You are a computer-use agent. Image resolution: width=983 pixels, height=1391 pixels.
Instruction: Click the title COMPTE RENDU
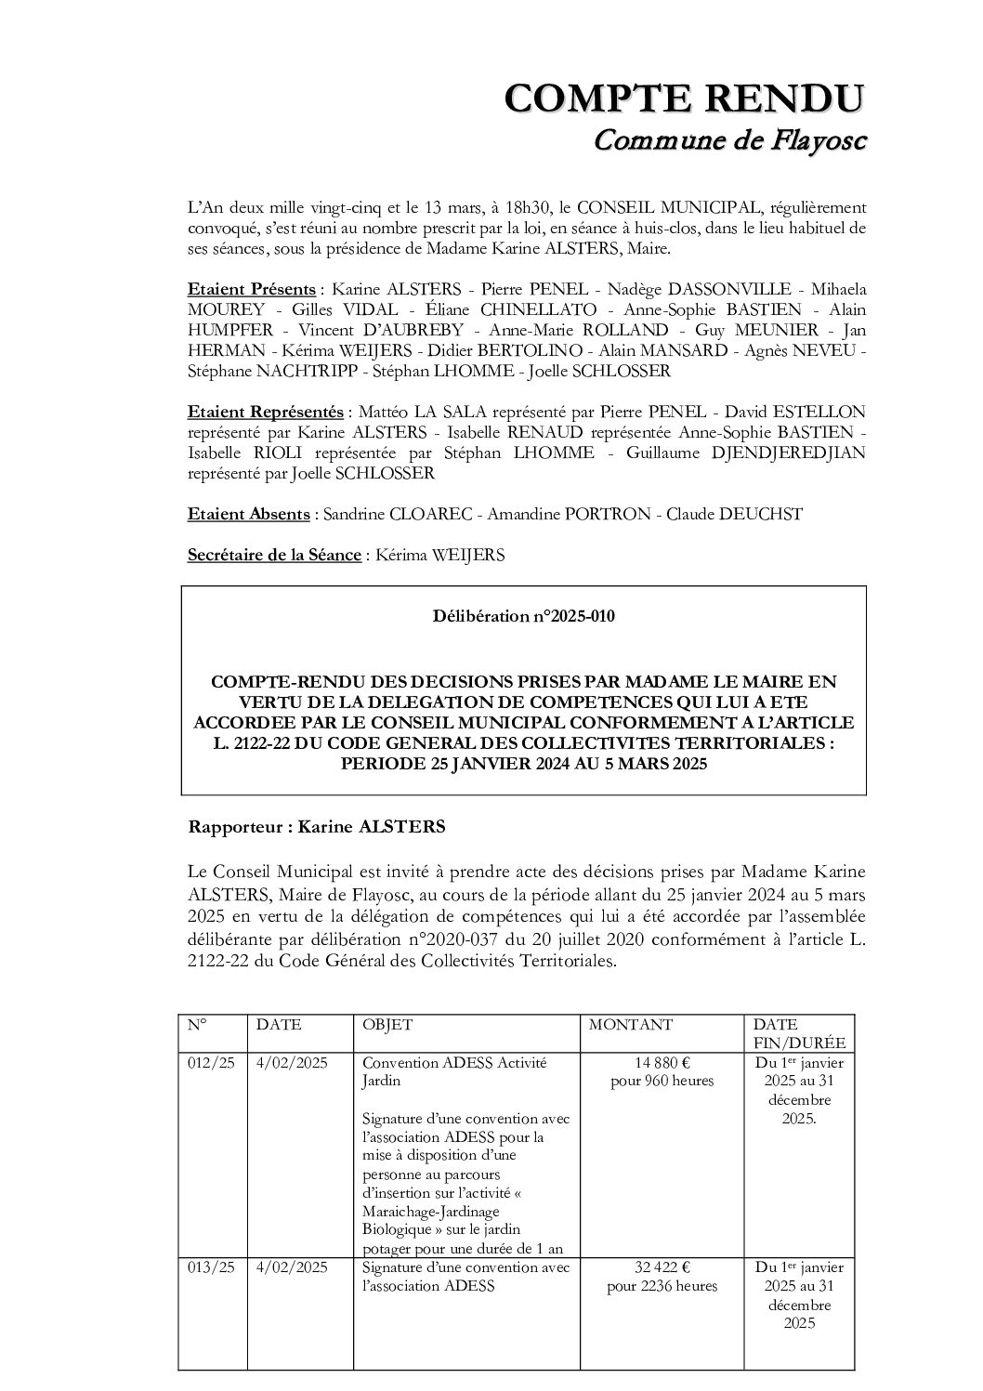pos(685,98)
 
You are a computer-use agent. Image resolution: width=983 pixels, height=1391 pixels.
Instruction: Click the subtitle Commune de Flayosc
pos(729,140)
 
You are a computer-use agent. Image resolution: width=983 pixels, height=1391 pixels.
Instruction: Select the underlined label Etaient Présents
pos(251,289)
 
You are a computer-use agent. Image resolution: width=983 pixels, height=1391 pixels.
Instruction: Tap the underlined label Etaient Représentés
pos(265,412)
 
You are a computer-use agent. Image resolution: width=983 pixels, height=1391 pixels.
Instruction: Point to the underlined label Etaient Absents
pos(249,514)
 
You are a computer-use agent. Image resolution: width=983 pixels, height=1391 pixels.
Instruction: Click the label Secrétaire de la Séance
pos(274,555)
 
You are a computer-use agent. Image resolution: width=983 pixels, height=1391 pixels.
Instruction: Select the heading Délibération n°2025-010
pos(524,615)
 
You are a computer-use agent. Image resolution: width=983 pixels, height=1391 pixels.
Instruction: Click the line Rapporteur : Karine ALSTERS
pos(317,826)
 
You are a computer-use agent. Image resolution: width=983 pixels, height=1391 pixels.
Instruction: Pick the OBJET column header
pos(387,1025)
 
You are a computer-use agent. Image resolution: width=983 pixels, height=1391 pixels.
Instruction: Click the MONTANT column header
pos(631,1025)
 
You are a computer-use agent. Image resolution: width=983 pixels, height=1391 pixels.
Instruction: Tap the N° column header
pos(197,1025)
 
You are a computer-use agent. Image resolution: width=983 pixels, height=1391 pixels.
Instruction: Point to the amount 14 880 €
pos(662,1063)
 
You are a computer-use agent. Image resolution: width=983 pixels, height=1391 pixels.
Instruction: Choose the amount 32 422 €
pos(662,1267)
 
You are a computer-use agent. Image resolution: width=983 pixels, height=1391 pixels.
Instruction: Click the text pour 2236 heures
pos(662,1286)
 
